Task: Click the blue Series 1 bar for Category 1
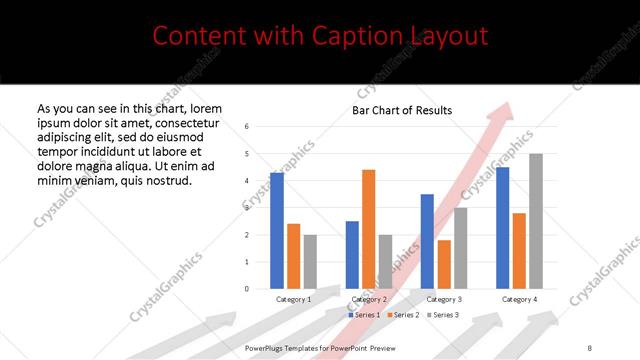point(277,231)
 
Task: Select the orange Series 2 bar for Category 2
point(368,229)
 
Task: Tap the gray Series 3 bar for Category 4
point(536,221)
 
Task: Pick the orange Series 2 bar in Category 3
point(444,264)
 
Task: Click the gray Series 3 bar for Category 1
point(310,262)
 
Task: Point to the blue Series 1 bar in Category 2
point(352,255)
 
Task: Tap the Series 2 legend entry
point(403,315)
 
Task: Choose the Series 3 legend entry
point(443,315)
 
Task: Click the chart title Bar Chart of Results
point(402,110)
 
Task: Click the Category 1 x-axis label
point(294,299)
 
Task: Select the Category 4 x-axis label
point(518,299)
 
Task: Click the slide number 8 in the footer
point(590,347)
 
